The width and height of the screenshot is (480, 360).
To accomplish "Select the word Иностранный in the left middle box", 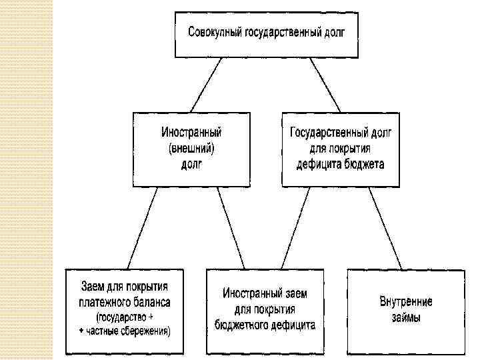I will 191,133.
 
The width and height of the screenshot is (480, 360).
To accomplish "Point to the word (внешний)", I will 191,148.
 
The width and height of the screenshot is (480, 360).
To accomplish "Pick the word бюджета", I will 365,164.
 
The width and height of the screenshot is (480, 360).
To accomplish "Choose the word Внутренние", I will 406,301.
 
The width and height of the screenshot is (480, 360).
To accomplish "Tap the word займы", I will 406,317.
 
